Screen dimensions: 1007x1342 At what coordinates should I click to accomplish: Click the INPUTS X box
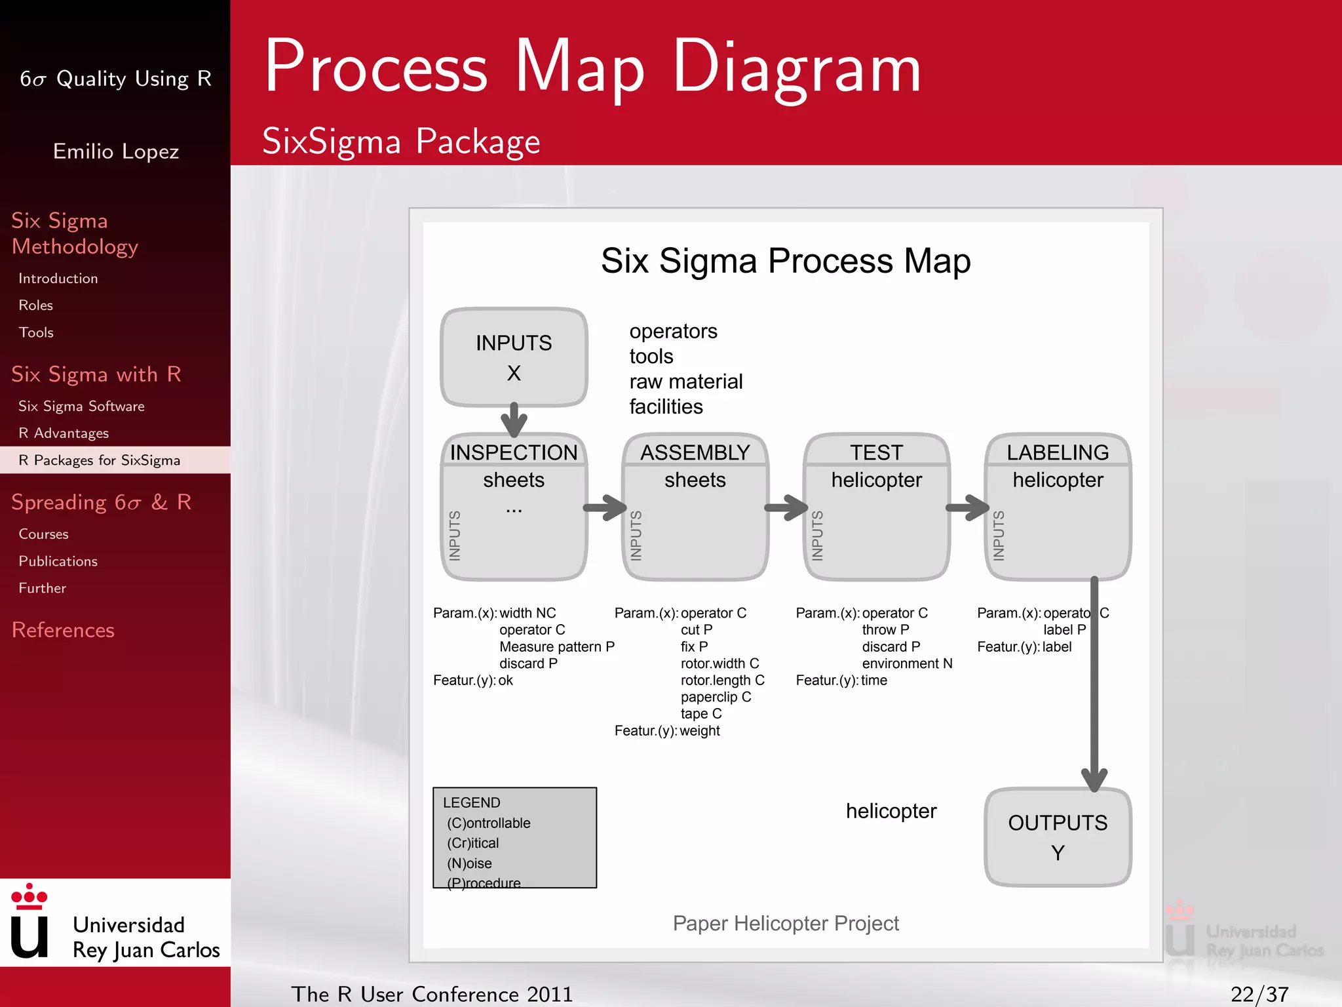[514, 357]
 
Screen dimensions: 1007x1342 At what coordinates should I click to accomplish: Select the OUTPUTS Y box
[1058, 837]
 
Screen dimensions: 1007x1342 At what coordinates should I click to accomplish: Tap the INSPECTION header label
[514, 452]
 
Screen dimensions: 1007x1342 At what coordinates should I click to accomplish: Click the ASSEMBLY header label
[695, 452]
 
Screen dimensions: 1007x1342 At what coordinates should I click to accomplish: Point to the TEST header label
[876, 452]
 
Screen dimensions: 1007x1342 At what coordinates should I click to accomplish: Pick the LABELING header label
[1058, 452]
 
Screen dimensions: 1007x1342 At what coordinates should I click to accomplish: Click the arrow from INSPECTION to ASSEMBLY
[605, 507]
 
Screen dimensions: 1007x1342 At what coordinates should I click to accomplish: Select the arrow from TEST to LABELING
[967, 507]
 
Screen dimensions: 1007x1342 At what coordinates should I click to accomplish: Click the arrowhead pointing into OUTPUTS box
[1094, 780]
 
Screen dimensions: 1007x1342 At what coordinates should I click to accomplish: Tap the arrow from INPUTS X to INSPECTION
[514, 420]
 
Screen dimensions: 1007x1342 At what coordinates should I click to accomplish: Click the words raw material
[686, 382]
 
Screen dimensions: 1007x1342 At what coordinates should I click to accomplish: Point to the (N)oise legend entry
[469, 863]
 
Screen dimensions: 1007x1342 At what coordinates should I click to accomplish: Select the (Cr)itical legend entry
[472, 843]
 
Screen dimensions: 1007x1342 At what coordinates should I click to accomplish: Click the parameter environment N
[907, 663]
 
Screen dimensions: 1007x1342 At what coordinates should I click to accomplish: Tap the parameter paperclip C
[716, 697]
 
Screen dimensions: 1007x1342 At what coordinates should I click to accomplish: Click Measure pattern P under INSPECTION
[556, 646]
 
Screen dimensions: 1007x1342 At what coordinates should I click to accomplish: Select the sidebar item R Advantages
[64, 433]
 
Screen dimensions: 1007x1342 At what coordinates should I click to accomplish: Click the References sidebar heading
[63, 630]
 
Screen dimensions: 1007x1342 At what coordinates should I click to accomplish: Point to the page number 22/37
[1259, 995]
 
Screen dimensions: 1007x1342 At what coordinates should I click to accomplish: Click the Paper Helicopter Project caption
[786, 923]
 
